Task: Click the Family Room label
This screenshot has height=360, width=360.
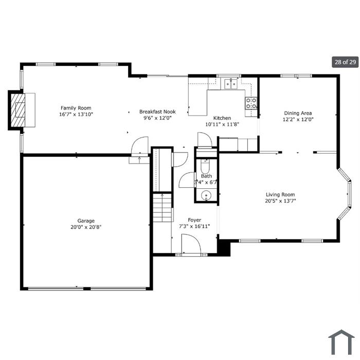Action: [x=76, y=108]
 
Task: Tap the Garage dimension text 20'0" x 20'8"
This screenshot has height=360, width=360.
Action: [x=86, y=227]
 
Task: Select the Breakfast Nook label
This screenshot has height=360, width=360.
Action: [x=157, y=112]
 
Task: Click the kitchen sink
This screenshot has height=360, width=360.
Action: [x=231, y=83]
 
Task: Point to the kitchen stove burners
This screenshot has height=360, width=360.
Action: [x=251, y=103]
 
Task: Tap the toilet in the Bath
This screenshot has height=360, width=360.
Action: [x=205, y=167]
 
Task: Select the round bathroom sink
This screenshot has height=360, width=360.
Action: [x=206, y=196]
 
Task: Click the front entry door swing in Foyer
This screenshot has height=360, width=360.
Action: [x=191, y=244]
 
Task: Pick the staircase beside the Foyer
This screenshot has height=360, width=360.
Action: [x=163, y=208]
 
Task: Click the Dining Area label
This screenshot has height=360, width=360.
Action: [x=298, y=113]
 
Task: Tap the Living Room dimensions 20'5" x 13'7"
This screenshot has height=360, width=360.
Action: [x=280, y=201]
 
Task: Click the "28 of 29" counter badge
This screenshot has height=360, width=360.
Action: [x=345, y=62]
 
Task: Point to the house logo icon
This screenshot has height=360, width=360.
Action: [x=341, y=342]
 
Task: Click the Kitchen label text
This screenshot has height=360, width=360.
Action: [x=222, y=118]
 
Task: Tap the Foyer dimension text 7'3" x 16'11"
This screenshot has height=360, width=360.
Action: [x=194, y=226]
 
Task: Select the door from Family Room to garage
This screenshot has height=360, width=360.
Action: [x=140, y=147]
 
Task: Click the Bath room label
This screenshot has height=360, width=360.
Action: [x=206, y=176]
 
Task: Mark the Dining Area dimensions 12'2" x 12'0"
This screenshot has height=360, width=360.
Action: [x=298, y=119]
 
